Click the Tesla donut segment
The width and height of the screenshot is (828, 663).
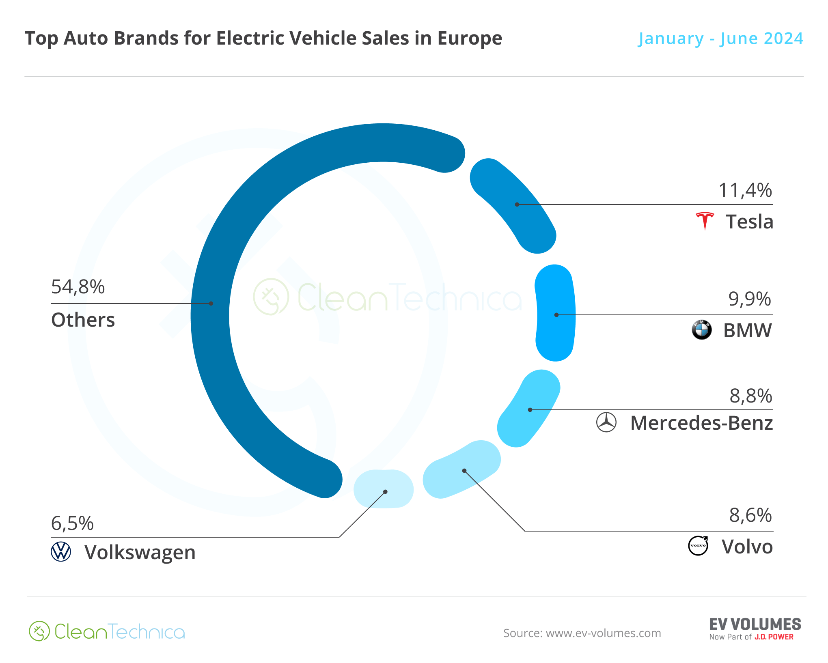coord(514,205)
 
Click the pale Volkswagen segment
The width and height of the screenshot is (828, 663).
coord(384,489)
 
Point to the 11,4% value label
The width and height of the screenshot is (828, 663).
coord(745,190)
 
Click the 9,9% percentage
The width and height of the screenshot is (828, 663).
coord(750,299)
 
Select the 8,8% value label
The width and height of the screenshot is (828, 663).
coord(750,396)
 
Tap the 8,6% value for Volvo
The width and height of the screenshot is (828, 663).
coord(750,515)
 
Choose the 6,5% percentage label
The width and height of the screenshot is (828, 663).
coord(72,523)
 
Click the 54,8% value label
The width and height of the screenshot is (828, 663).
coord(78,287)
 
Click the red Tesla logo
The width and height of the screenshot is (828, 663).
coord(705,221)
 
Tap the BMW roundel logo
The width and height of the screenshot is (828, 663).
coord(702,329)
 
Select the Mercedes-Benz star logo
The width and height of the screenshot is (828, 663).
coord(606,422)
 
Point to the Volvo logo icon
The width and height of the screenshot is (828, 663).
coord(699,546)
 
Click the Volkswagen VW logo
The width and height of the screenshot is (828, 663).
coord(61,552)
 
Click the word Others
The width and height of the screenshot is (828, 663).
coord(83,320)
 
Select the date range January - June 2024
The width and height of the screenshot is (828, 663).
coord(720,39)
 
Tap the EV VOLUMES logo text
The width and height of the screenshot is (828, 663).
coord(755,624)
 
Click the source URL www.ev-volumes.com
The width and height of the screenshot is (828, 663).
coord(603,633)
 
